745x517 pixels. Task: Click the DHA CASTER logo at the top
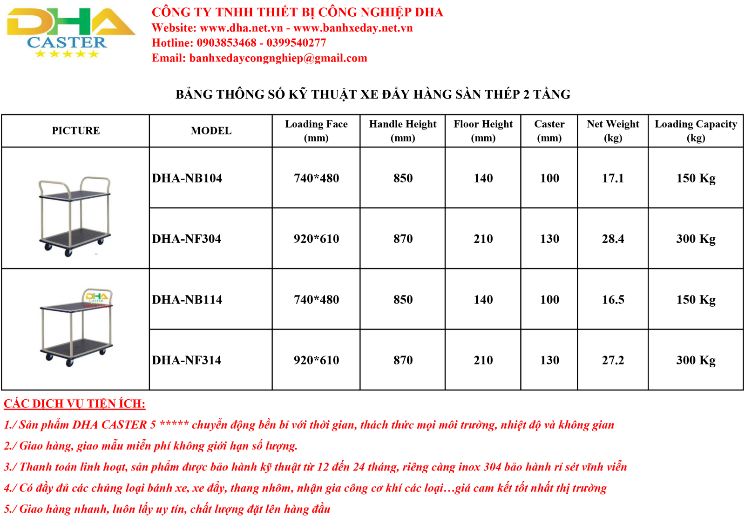[x=71, y=32]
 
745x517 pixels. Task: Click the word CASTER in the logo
[x=67, y=43]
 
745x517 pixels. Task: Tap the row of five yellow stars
[x=67, y=54]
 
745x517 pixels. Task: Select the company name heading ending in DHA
[x=297, y=13]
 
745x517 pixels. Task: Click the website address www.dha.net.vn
[x=241, y=28]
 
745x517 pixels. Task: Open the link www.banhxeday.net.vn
[x=353, y=28]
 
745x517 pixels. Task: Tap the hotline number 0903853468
[x=226, y=43]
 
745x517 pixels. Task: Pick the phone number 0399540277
[x=296, y=43]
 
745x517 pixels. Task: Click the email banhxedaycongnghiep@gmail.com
[x=278, y=58]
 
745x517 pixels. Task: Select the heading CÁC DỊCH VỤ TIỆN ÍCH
[x=74, y=403]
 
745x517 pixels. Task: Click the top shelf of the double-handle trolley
[x=74, y=195]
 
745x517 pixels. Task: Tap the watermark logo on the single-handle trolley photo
[x=97, y=298]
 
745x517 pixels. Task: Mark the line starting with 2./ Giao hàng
[x=150, y=446]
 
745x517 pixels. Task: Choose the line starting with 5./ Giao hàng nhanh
[x=167, y=509]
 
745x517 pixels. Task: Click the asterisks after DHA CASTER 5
[x=174, y=424]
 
